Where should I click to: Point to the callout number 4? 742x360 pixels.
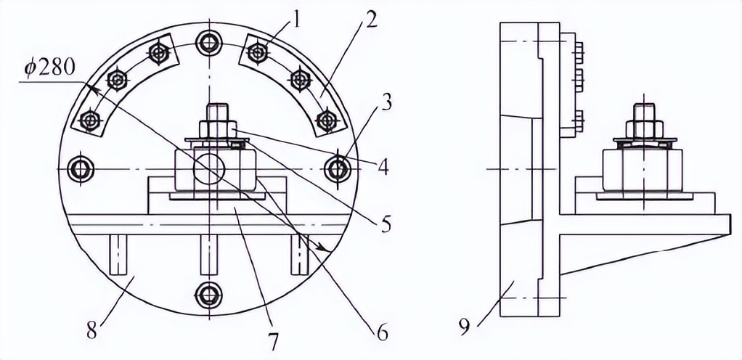click(383, 168)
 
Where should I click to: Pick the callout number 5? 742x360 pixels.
click(386, 225)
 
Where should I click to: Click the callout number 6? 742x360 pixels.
click(382, 334)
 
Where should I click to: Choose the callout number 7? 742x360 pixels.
click(273, 342)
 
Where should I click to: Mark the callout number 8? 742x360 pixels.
click(92, 331)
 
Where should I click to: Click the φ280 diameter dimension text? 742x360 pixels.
click(50, 69)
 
